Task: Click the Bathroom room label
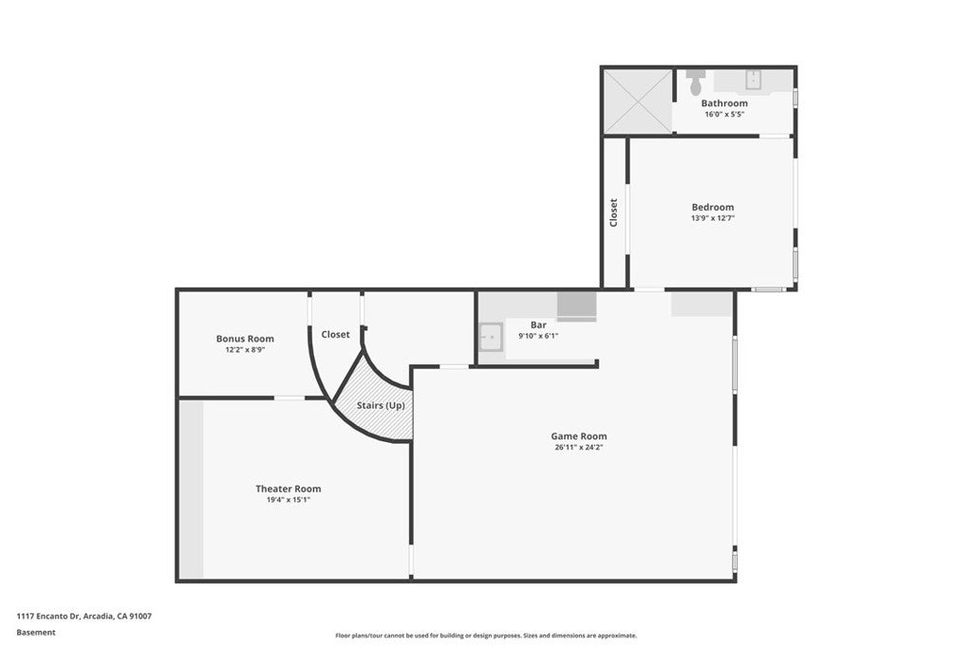click(x=724, y=103)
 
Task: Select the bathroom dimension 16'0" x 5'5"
click(x=724, y=114)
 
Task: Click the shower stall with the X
click(x=637, y=101)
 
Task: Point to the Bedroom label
click(x=712, y=208)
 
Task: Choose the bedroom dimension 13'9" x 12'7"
click(x=712, y=218)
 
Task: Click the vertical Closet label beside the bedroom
click(x=614, y=212)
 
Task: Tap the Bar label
click(x=538, y=325)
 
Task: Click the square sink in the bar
click(x=491, y=337)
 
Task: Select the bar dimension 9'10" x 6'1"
click(x=538, y=336)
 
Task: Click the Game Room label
click(x=578, y=436)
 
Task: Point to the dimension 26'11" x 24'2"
click(x=578, y=447)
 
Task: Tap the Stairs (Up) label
click(x=381, y=405)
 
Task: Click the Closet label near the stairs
click(x=335, y=335)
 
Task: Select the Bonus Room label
click(x=245, y=339)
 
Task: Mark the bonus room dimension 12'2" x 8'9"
click(x=245, y=349)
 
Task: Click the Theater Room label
click(x=288, y=489)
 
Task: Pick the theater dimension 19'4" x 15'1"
click(x=288, y=499)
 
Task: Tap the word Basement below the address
click(x=36, y=632)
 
